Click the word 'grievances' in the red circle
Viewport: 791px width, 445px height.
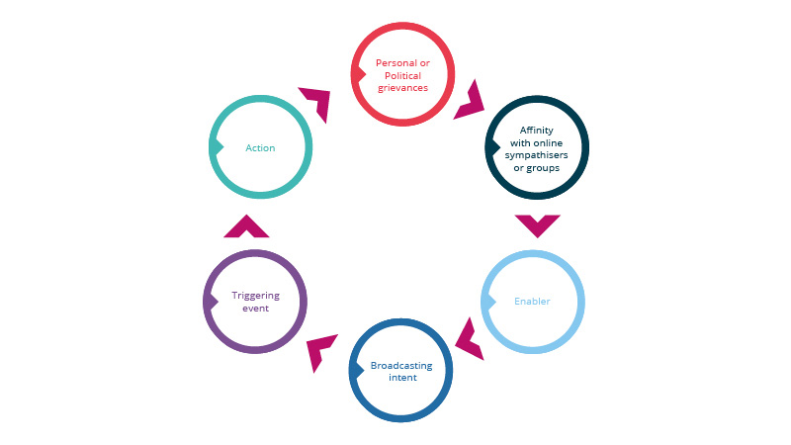pos(402,88)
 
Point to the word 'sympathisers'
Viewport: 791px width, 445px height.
pos(539,155)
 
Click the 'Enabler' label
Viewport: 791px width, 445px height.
pos(532,301)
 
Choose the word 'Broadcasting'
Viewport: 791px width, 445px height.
pos(402,365)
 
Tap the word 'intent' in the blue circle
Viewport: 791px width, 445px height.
pos(402,378)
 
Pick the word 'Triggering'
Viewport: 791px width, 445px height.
pos(255,295)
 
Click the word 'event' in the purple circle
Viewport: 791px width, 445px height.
pos(255,308)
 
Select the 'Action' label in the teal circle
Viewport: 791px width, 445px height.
pos(260,148)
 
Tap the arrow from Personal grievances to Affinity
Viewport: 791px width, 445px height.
pos(469,99)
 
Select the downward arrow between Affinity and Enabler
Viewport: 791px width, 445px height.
pos(538,224)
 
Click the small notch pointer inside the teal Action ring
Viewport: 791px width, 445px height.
pos(215,147)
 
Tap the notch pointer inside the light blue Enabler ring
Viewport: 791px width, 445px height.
pos(486,300)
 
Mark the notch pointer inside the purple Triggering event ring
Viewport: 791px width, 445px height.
pos(209,302)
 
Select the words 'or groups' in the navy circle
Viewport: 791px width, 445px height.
pos(539,168)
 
